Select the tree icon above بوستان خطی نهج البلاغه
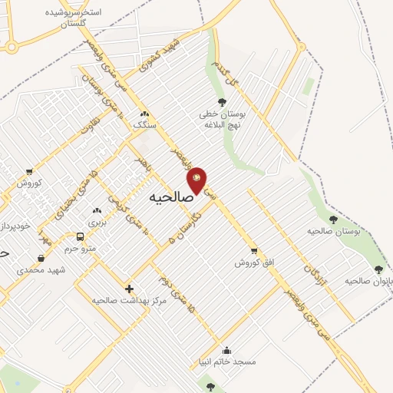pyautogui.click(x=222, y=101)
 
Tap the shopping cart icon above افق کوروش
pyautogui.click(x=254, y=250)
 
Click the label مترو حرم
pyautogui.click(x=82, y=249)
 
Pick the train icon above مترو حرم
pyautogui.click(x=81, y=236)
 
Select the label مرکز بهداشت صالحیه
pyautogui.click(x=129, y=300)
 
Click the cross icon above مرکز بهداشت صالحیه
pyautogui.click(x=129, y=289)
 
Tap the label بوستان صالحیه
pyautogui.click(x=333, y=230)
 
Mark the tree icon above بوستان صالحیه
pyautogui.click(x=333, y=220)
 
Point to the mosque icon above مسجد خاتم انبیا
pyautogui.click(x=247, y=348)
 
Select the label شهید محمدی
pyautogui.click(x=41, y=269)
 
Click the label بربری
pyautogui.click(x=96, y=222)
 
